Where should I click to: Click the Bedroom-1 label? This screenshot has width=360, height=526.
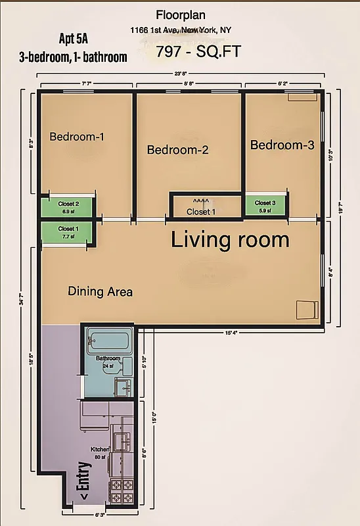click(77, 137)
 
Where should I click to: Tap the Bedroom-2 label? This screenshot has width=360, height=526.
click(177, 150)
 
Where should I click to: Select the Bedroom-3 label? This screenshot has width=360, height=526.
click(282, 145)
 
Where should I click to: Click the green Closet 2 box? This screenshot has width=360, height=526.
click(69, 207)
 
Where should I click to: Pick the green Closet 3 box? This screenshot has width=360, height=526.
click(265, 206)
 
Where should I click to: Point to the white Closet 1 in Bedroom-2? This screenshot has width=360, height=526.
click(200, 207)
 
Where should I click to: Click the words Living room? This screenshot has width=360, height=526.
click(230, 240)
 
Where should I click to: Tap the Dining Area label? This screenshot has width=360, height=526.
click(100, 291)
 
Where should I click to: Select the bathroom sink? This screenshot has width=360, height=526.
click(123, 385)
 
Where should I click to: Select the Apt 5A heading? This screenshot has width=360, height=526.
click(74, 39)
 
